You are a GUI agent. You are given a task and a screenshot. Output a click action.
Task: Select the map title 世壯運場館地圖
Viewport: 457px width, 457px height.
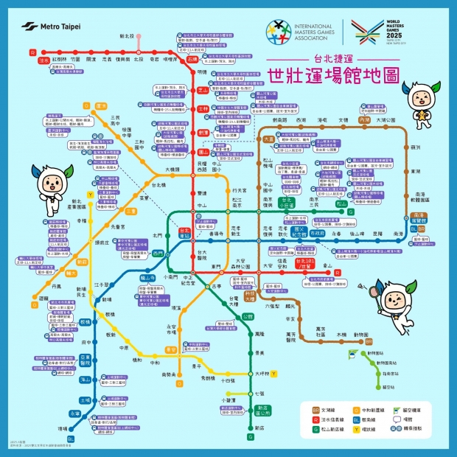323,74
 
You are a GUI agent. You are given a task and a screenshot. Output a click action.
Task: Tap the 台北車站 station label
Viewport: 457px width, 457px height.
184,233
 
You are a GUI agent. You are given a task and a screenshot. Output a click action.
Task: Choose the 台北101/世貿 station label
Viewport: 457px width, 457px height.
305,263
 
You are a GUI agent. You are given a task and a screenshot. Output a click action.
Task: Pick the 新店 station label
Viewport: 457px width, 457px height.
259,427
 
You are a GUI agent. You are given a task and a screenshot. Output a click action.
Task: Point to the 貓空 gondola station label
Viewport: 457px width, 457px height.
389,386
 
